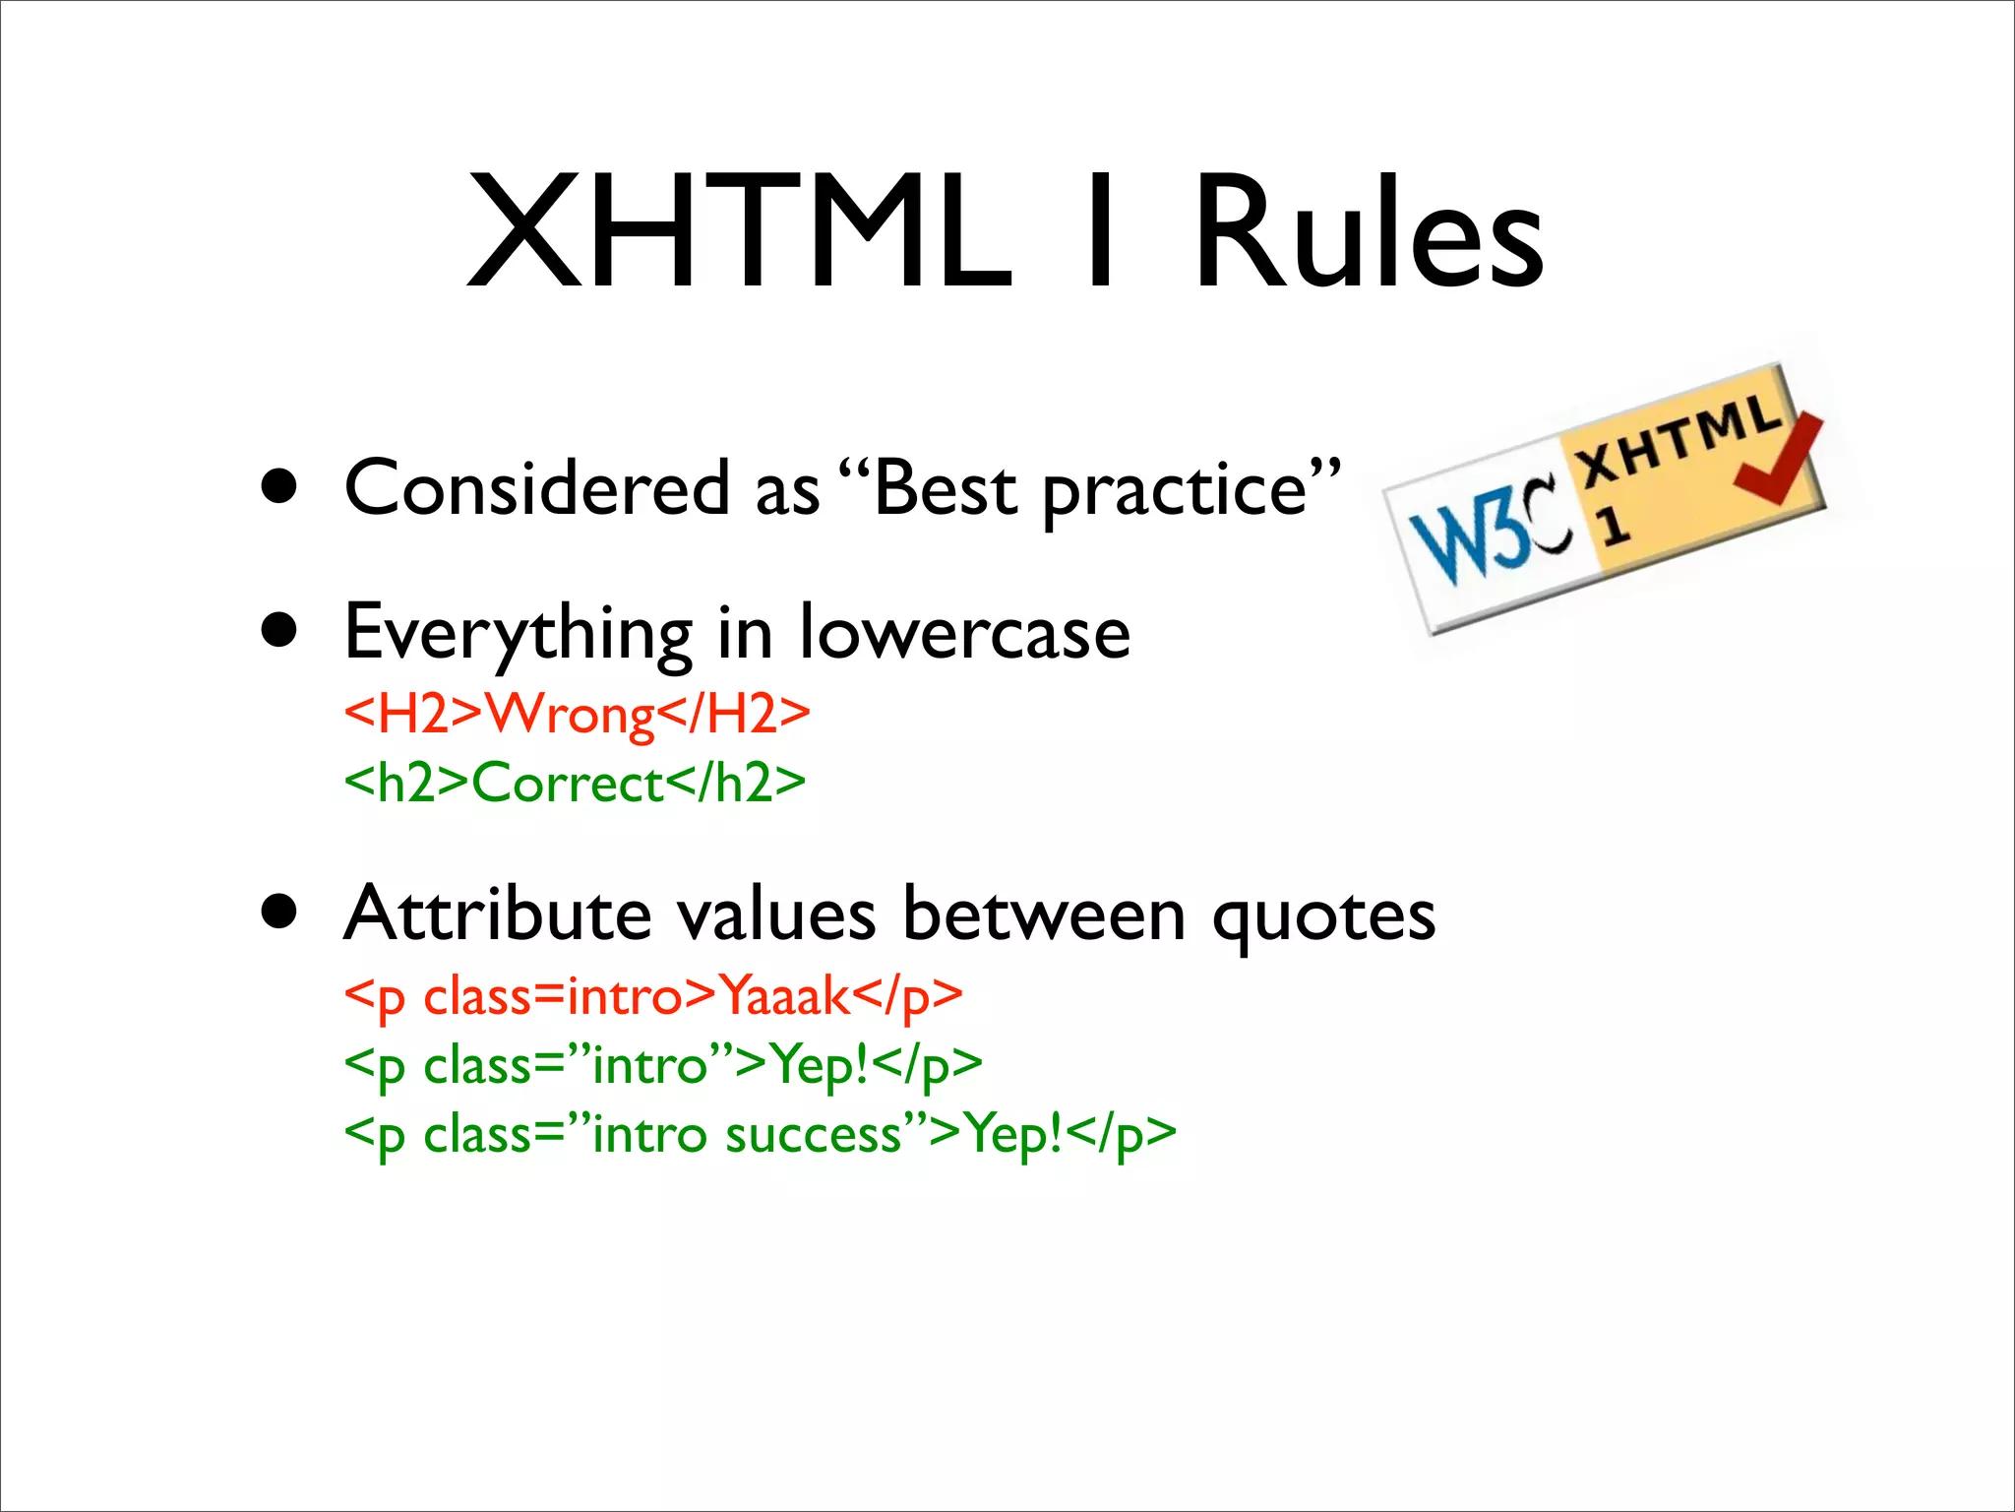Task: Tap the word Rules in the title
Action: tap(1368, 232)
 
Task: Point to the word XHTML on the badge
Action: tap(1679, 438)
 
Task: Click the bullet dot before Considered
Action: tap(280, 486)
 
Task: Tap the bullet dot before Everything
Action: tap(280, 631)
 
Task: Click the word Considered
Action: tap(537, 488)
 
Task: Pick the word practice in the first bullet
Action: tap(1175, 490)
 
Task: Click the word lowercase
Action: tap(964, 632)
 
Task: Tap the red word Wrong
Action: tap(572, 714)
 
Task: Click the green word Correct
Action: tap(569, 784)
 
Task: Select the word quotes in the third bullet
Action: tap(1323, 915)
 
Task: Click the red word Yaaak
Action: tap(784, 996)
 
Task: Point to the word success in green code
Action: tap(814, 1135)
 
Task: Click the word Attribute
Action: tap(498, 913)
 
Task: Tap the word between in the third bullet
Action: tap(1044, 913)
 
